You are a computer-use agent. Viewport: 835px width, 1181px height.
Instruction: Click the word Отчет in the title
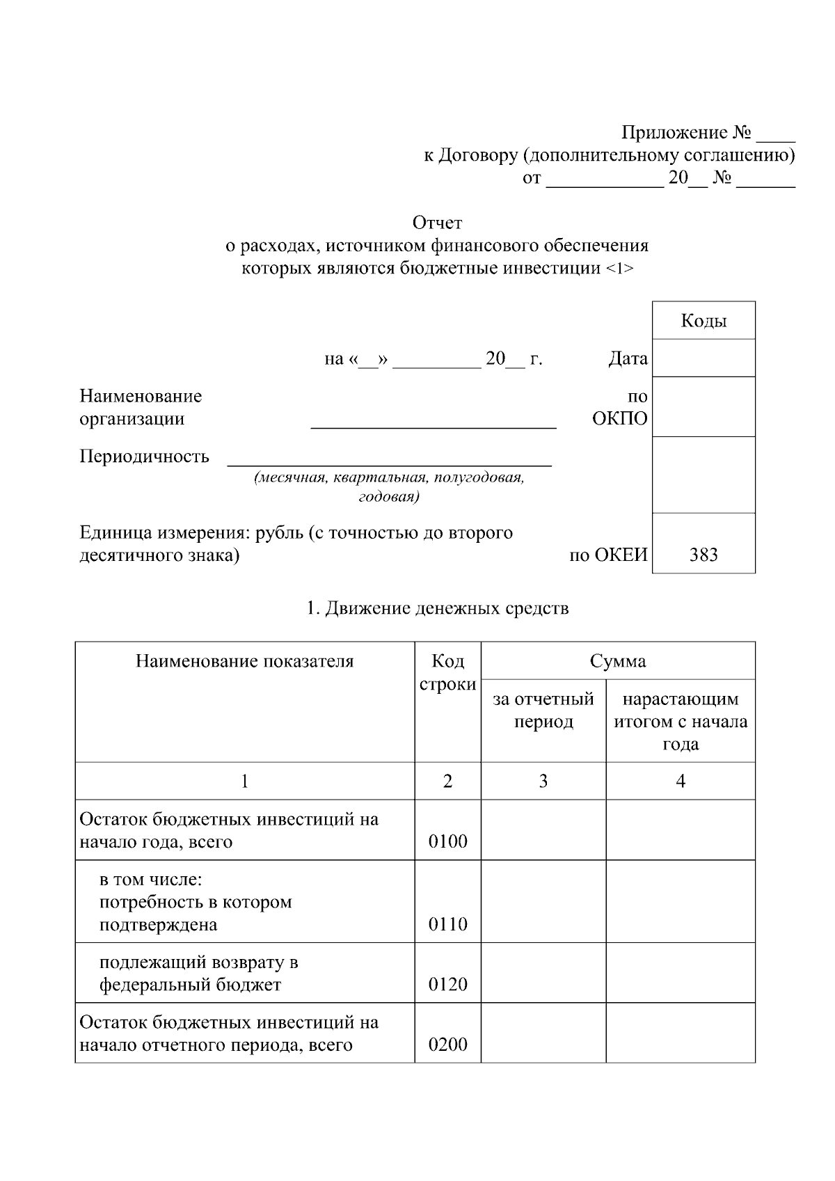(437, 223)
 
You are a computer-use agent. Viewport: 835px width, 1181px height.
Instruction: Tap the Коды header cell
(703, 321)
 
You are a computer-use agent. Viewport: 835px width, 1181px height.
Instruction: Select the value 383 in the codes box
(703, 555)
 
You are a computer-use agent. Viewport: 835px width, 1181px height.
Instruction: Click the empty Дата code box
(703, 358)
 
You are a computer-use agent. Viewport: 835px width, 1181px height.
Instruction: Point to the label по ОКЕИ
(608, 555)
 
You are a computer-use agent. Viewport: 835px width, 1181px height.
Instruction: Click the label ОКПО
(619, 418)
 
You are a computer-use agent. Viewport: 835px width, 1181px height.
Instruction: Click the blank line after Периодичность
(390, 459)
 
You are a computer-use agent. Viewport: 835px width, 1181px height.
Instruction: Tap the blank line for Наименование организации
(433, 422)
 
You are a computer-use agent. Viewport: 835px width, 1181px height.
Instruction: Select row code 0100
(447, 841)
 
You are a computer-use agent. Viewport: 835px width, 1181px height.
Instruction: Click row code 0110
(447, 924)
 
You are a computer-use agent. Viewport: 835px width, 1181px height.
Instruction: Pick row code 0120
(447, 984)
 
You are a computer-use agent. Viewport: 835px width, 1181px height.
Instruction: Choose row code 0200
(447, 1045)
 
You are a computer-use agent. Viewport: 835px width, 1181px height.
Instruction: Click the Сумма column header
(618, 660)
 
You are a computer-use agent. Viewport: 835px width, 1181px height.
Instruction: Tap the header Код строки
(447, 672)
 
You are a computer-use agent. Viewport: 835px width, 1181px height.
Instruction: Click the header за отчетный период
(543, 710)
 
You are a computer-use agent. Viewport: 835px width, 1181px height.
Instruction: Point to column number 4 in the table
(681, 781)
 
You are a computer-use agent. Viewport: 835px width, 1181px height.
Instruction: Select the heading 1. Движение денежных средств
(438, 608)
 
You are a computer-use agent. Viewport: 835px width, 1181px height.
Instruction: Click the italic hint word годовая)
(388, 497)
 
